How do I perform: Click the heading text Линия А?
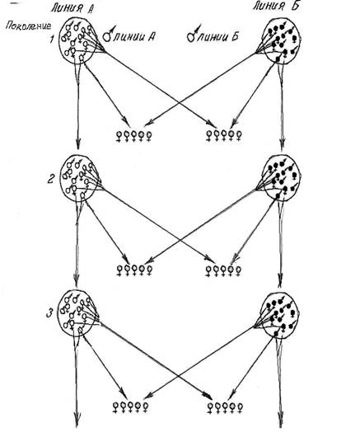tap(72, 7)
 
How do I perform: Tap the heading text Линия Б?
tap(276, 6)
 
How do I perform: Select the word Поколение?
tap(28, 26)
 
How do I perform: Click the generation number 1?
tap(52, 39)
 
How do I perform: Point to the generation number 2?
tap(51, 180)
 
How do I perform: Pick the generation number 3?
tap(49, 313)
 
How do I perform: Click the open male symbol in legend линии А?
tap(109, 35)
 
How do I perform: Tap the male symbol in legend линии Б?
tap(194, 34)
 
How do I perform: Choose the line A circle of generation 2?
tap(60, 178)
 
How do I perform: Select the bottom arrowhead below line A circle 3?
tap(77, 421)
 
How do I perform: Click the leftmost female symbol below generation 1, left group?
tap(119, 136)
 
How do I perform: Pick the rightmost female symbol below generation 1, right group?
tap(239, 135)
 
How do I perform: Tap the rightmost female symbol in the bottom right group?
tap(240, 408)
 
